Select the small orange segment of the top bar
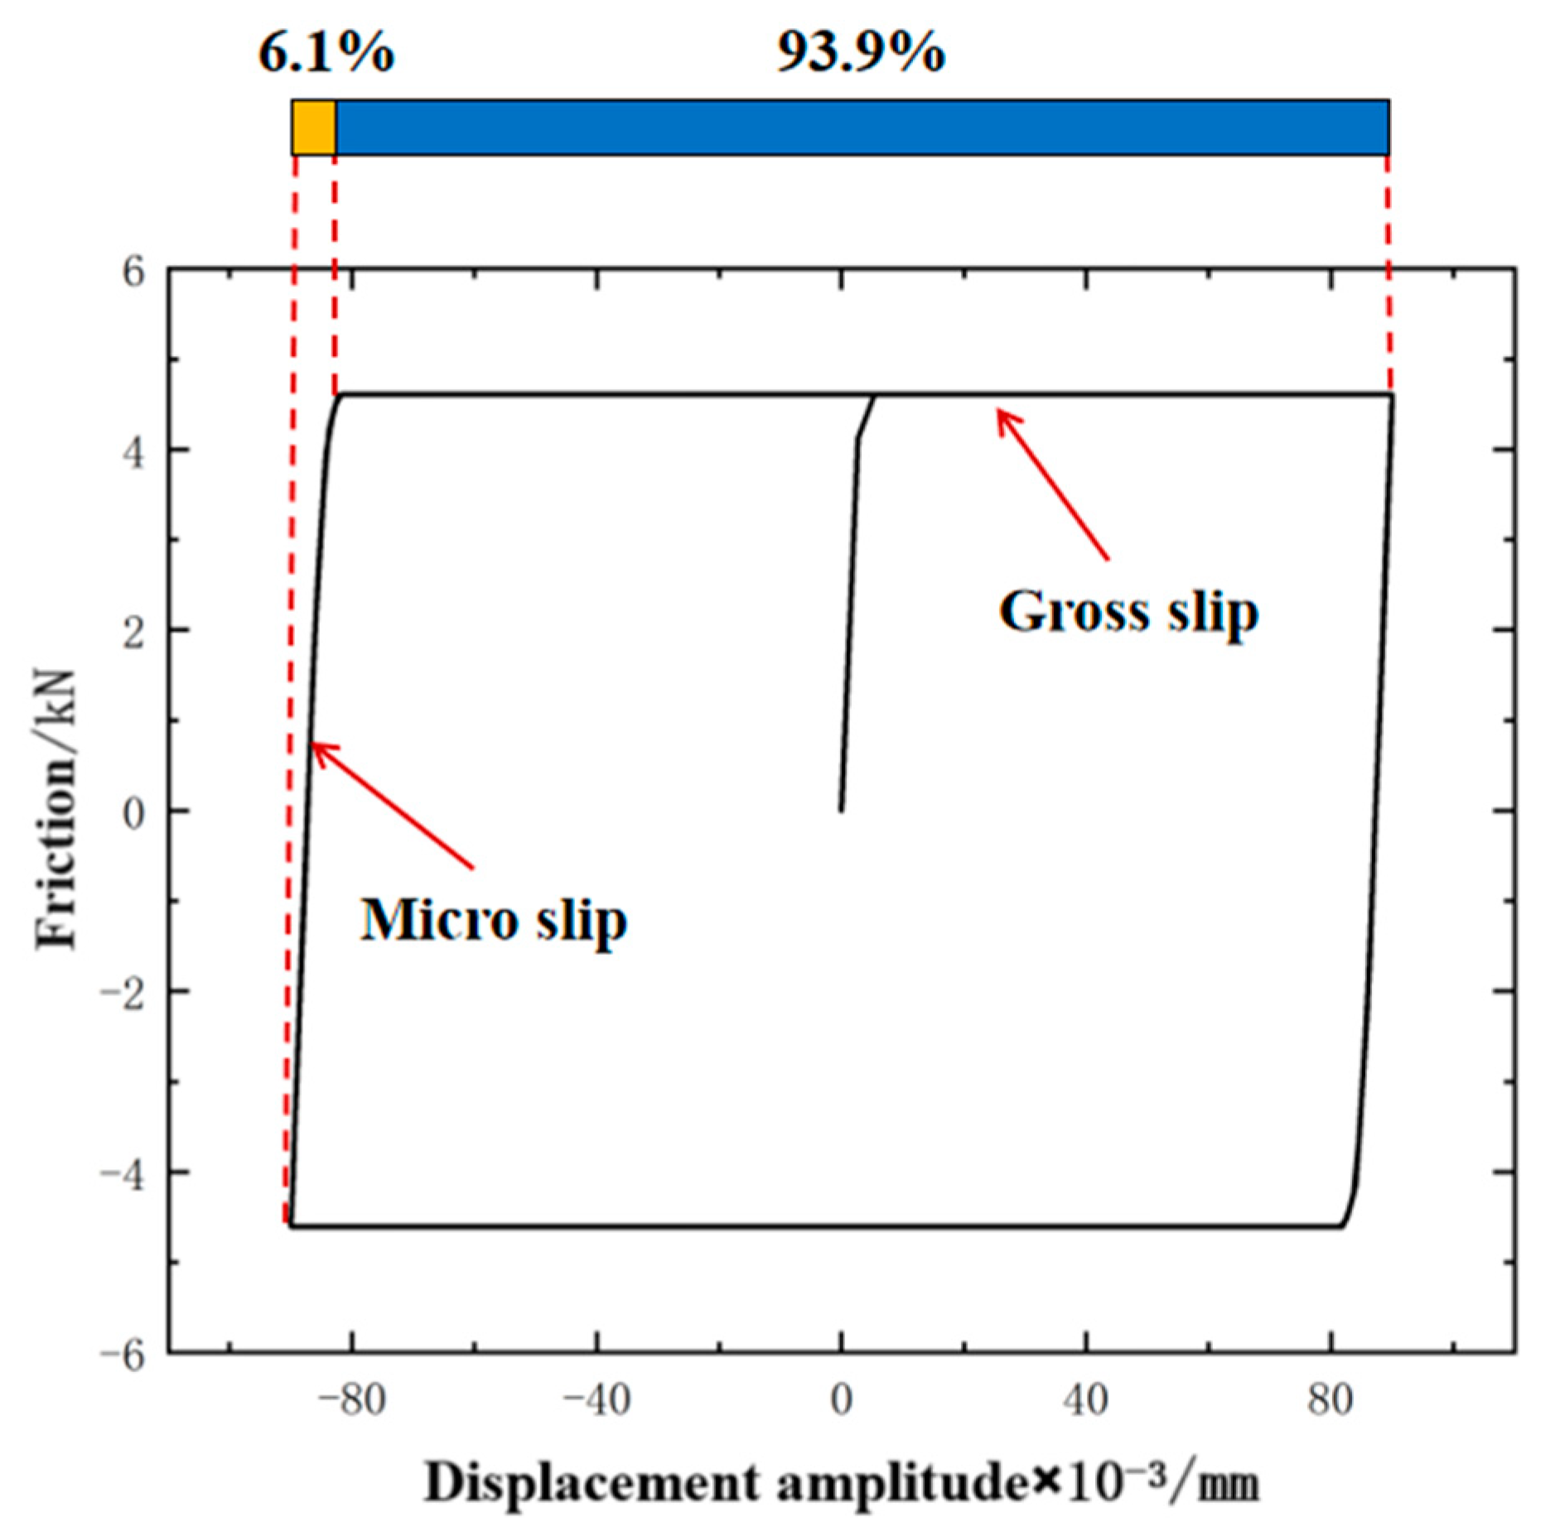(x=313, y=128)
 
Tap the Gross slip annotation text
(x=1128, y=613)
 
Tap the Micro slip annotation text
(x=493, y=921)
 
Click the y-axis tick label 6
(x=133, y=271)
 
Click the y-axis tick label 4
(x=133, y=451)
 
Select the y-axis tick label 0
(x=133, y=812)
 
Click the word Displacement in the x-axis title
(x=591, y=1484)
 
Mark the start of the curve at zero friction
(x=841, y=810)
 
